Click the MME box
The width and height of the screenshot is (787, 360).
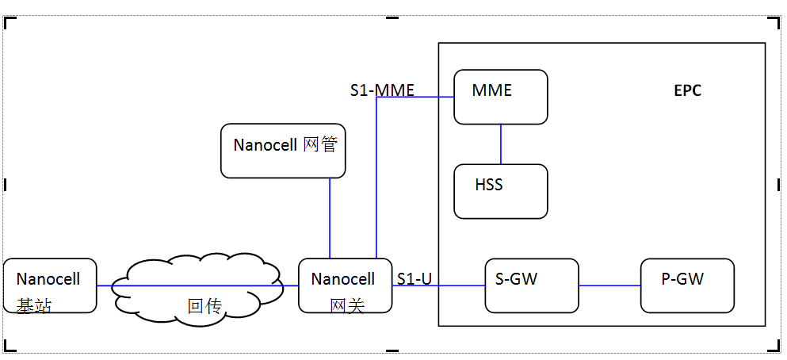click(x=500, y=97)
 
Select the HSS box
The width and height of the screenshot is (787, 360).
click(x=500, y=190)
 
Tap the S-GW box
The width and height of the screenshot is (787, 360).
click(x=532, y=285)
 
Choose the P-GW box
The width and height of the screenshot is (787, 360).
click(x=687, y=285)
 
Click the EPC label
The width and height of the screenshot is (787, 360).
click(x=687, y=90)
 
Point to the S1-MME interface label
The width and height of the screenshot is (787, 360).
click(x=382, y=90)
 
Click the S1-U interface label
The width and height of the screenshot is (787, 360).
click(x=414, y=278)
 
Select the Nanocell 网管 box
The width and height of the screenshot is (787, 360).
click(x=283, y=150)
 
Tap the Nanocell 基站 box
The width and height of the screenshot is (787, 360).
click(x=49, y=285)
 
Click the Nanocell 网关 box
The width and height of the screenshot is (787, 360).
click(x=345, y=285)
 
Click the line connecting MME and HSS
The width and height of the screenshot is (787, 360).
click(x=501, y=144)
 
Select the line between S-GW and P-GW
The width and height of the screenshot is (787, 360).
click(x=609, y=285)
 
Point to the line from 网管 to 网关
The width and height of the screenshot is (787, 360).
click(x=330, y=218)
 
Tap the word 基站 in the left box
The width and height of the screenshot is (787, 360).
click(x=33, y=305)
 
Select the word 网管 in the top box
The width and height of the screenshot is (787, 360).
click(x=322, y=145)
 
